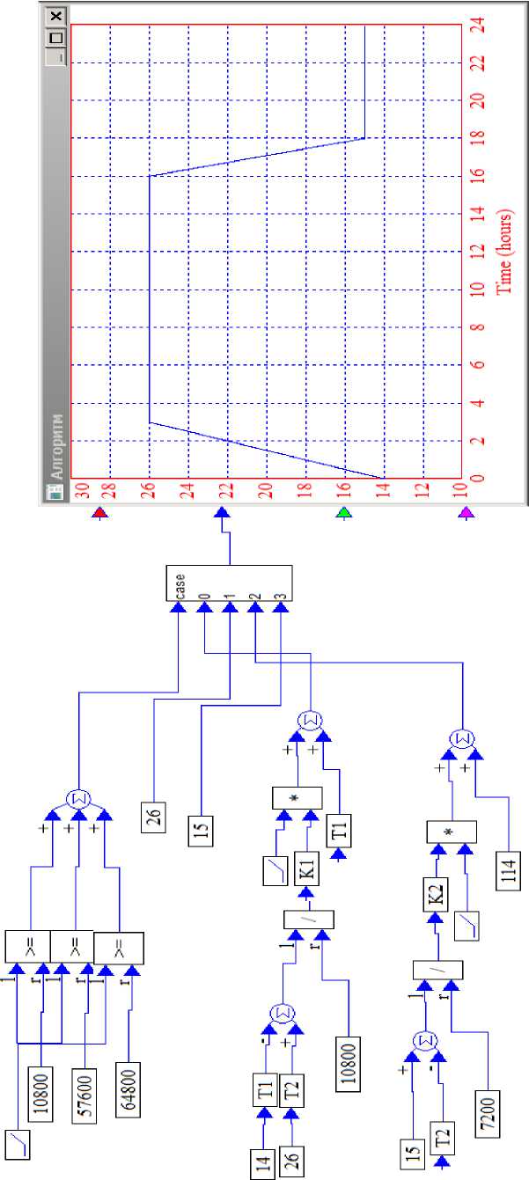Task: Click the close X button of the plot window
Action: click(56, 17)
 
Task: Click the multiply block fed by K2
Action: click(451, 832)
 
